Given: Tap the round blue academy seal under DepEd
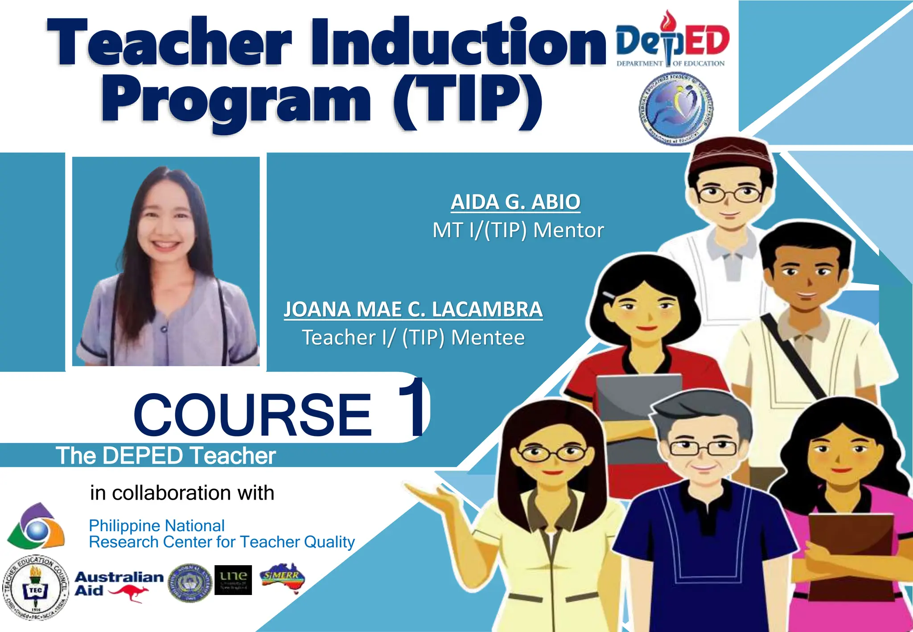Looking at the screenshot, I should coord(675,108).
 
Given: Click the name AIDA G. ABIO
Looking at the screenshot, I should coord(515,202).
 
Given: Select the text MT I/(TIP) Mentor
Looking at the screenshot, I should coord(518,230).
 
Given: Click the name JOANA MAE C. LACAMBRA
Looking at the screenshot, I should coord(413,309).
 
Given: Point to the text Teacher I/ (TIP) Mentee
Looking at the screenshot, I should coord(413,337).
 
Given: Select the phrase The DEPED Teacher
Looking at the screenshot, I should coord(166,456).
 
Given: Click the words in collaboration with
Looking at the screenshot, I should coord(182,493).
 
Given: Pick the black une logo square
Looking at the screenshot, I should coord(233,580).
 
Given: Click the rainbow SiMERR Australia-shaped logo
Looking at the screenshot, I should coord(282,578).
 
